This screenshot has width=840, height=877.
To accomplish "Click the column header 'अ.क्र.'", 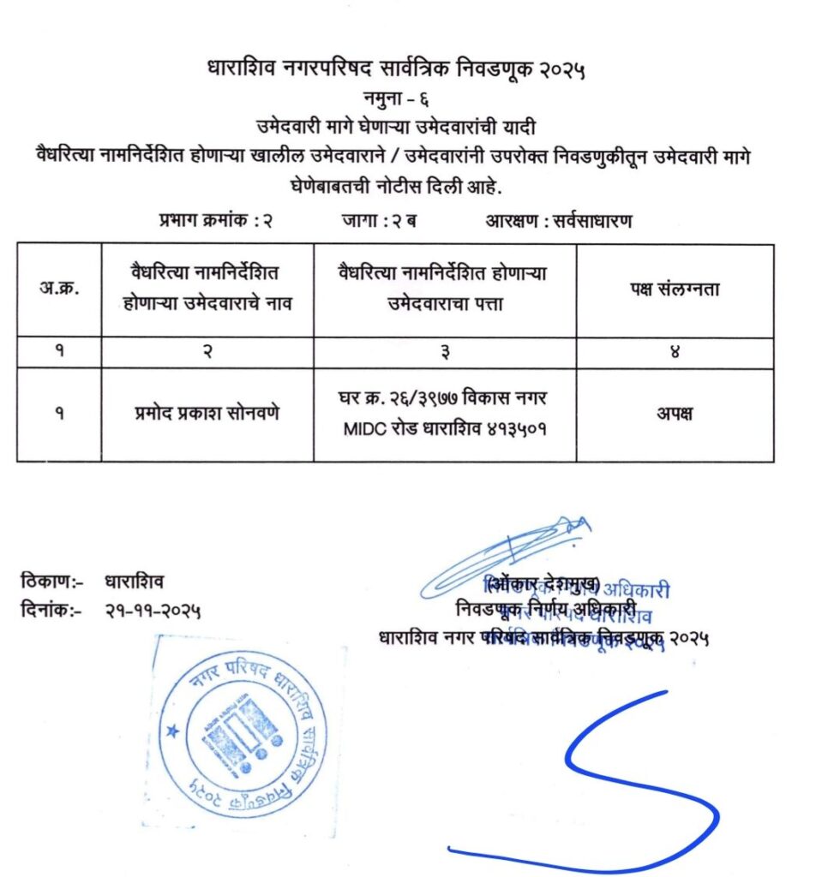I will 59,289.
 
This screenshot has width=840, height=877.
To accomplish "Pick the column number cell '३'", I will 444,352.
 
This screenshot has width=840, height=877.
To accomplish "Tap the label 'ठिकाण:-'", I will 51,582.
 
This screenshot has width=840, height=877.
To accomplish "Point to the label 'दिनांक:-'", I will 51,611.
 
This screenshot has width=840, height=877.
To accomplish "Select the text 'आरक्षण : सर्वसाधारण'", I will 559,220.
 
